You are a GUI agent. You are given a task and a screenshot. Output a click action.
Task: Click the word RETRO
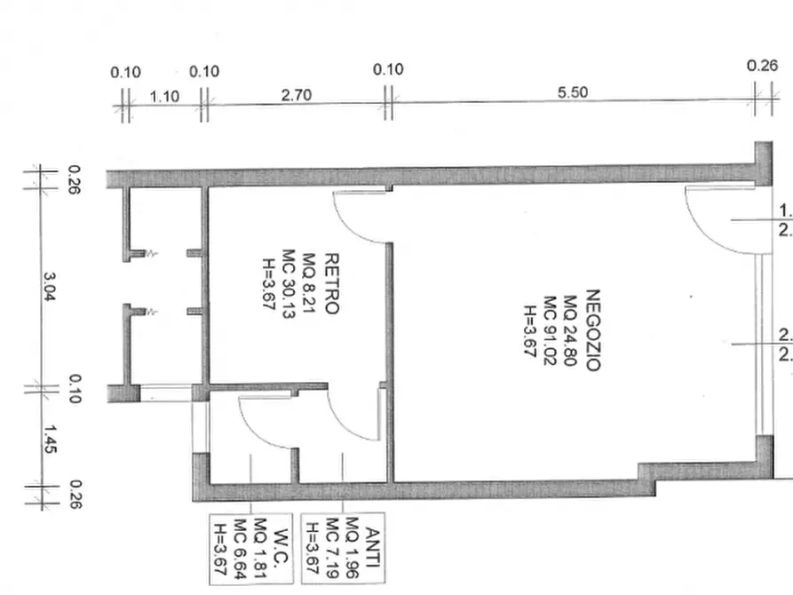click(330, 284)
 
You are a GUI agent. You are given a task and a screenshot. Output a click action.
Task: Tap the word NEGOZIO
click(592, 330)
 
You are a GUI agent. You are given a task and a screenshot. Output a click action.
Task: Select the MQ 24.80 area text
click(570, 330)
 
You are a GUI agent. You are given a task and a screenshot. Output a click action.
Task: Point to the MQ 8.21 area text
click(308, 282)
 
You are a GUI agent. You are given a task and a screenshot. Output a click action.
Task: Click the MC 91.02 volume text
click(550, 330)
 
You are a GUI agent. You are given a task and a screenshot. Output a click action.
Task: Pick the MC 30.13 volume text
click(288, 284)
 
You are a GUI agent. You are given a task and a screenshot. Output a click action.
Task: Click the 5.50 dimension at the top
click(573, 92)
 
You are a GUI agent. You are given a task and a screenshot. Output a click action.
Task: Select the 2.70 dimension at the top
click(297, 95)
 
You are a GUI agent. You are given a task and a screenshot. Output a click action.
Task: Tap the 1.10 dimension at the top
click(164, 96)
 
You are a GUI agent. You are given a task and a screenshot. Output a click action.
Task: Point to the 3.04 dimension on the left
click(49, 287)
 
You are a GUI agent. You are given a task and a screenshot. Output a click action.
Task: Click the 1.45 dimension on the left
click(49, 440)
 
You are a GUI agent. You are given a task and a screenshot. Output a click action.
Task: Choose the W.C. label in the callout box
click(282, 547)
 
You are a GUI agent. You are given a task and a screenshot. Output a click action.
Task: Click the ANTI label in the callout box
click(373, 547)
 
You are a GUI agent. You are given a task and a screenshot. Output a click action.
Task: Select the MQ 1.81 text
click(260, 548)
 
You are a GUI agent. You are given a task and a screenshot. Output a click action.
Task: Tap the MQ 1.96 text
click(352, 547)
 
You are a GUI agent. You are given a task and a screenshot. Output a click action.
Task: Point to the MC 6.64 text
click(240, 549)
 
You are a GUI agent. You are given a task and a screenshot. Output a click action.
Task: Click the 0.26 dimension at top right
click(762, 66)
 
